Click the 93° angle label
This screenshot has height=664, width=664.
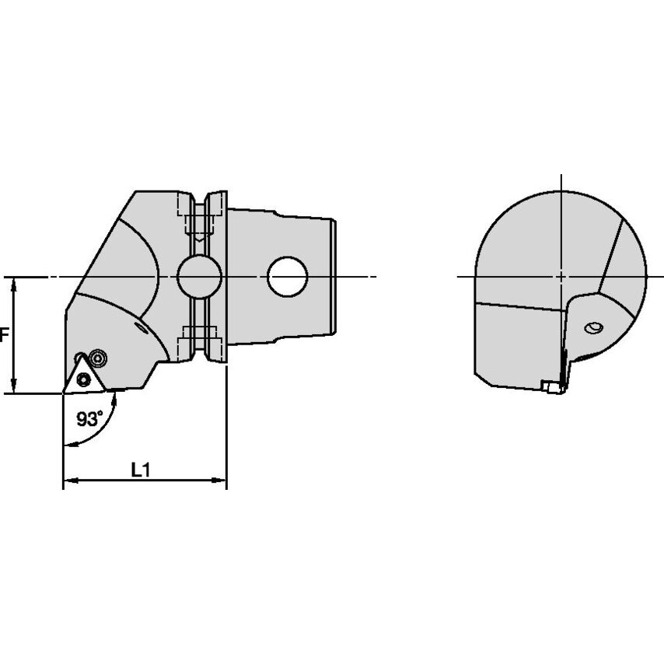89,419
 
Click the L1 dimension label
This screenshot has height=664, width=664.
141,470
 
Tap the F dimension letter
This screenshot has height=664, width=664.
4,335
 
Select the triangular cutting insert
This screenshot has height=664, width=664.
84,376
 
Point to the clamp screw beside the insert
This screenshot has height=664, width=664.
98,358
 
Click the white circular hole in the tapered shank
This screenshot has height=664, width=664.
288,277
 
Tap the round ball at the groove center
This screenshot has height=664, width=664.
199,277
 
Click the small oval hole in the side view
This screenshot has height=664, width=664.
593,328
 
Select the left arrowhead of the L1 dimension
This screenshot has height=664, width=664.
70,481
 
